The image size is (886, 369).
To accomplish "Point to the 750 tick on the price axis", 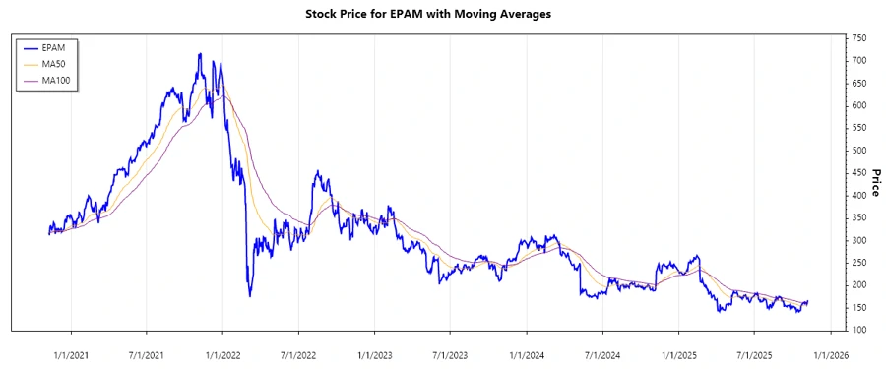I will click(x=858, y=37).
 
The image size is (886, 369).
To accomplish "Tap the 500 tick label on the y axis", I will click(x=858, y=151).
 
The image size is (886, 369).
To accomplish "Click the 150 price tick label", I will click(x=858, y=307).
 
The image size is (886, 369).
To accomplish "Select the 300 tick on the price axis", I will click(x=858, y=240).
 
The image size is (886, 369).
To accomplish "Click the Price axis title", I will click(x=875, y=181).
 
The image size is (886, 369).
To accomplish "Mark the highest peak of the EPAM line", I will click(x=200, y=54).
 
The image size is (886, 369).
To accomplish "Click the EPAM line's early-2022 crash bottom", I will click(x=249, y=295).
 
